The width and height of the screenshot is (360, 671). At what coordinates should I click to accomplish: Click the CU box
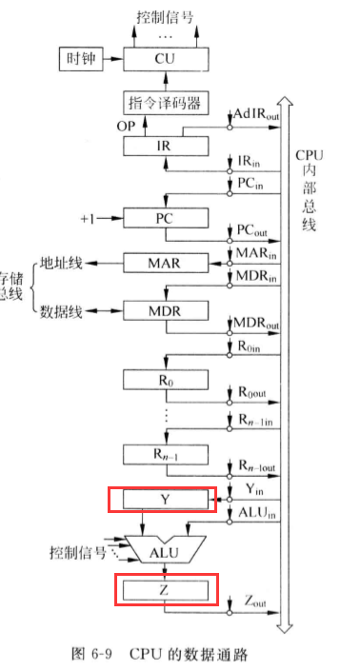coord(165,58)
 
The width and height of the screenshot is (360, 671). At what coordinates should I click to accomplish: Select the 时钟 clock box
coord(81,58)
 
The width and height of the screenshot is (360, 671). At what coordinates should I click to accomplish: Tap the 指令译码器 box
coord(165,102)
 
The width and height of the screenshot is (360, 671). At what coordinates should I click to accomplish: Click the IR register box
coord(165,146)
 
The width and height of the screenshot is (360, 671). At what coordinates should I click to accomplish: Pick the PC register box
coord(165,218)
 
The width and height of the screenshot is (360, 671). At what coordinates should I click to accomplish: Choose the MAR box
coord(165,261)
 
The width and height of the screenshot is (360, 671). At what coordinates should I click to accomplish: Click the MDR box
coord(165,311)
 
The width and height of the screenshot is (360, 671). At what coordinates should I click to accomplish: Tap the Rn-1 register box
coord(165,454)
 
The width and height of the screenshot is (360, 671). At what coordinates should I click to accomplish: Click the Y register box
coord(165,499)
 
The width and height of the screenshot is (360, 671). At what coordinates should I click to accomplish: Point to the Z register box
coord(165,590)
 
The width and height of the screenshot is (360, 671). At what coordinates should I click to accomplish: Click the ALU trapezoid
coord(165,549)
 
